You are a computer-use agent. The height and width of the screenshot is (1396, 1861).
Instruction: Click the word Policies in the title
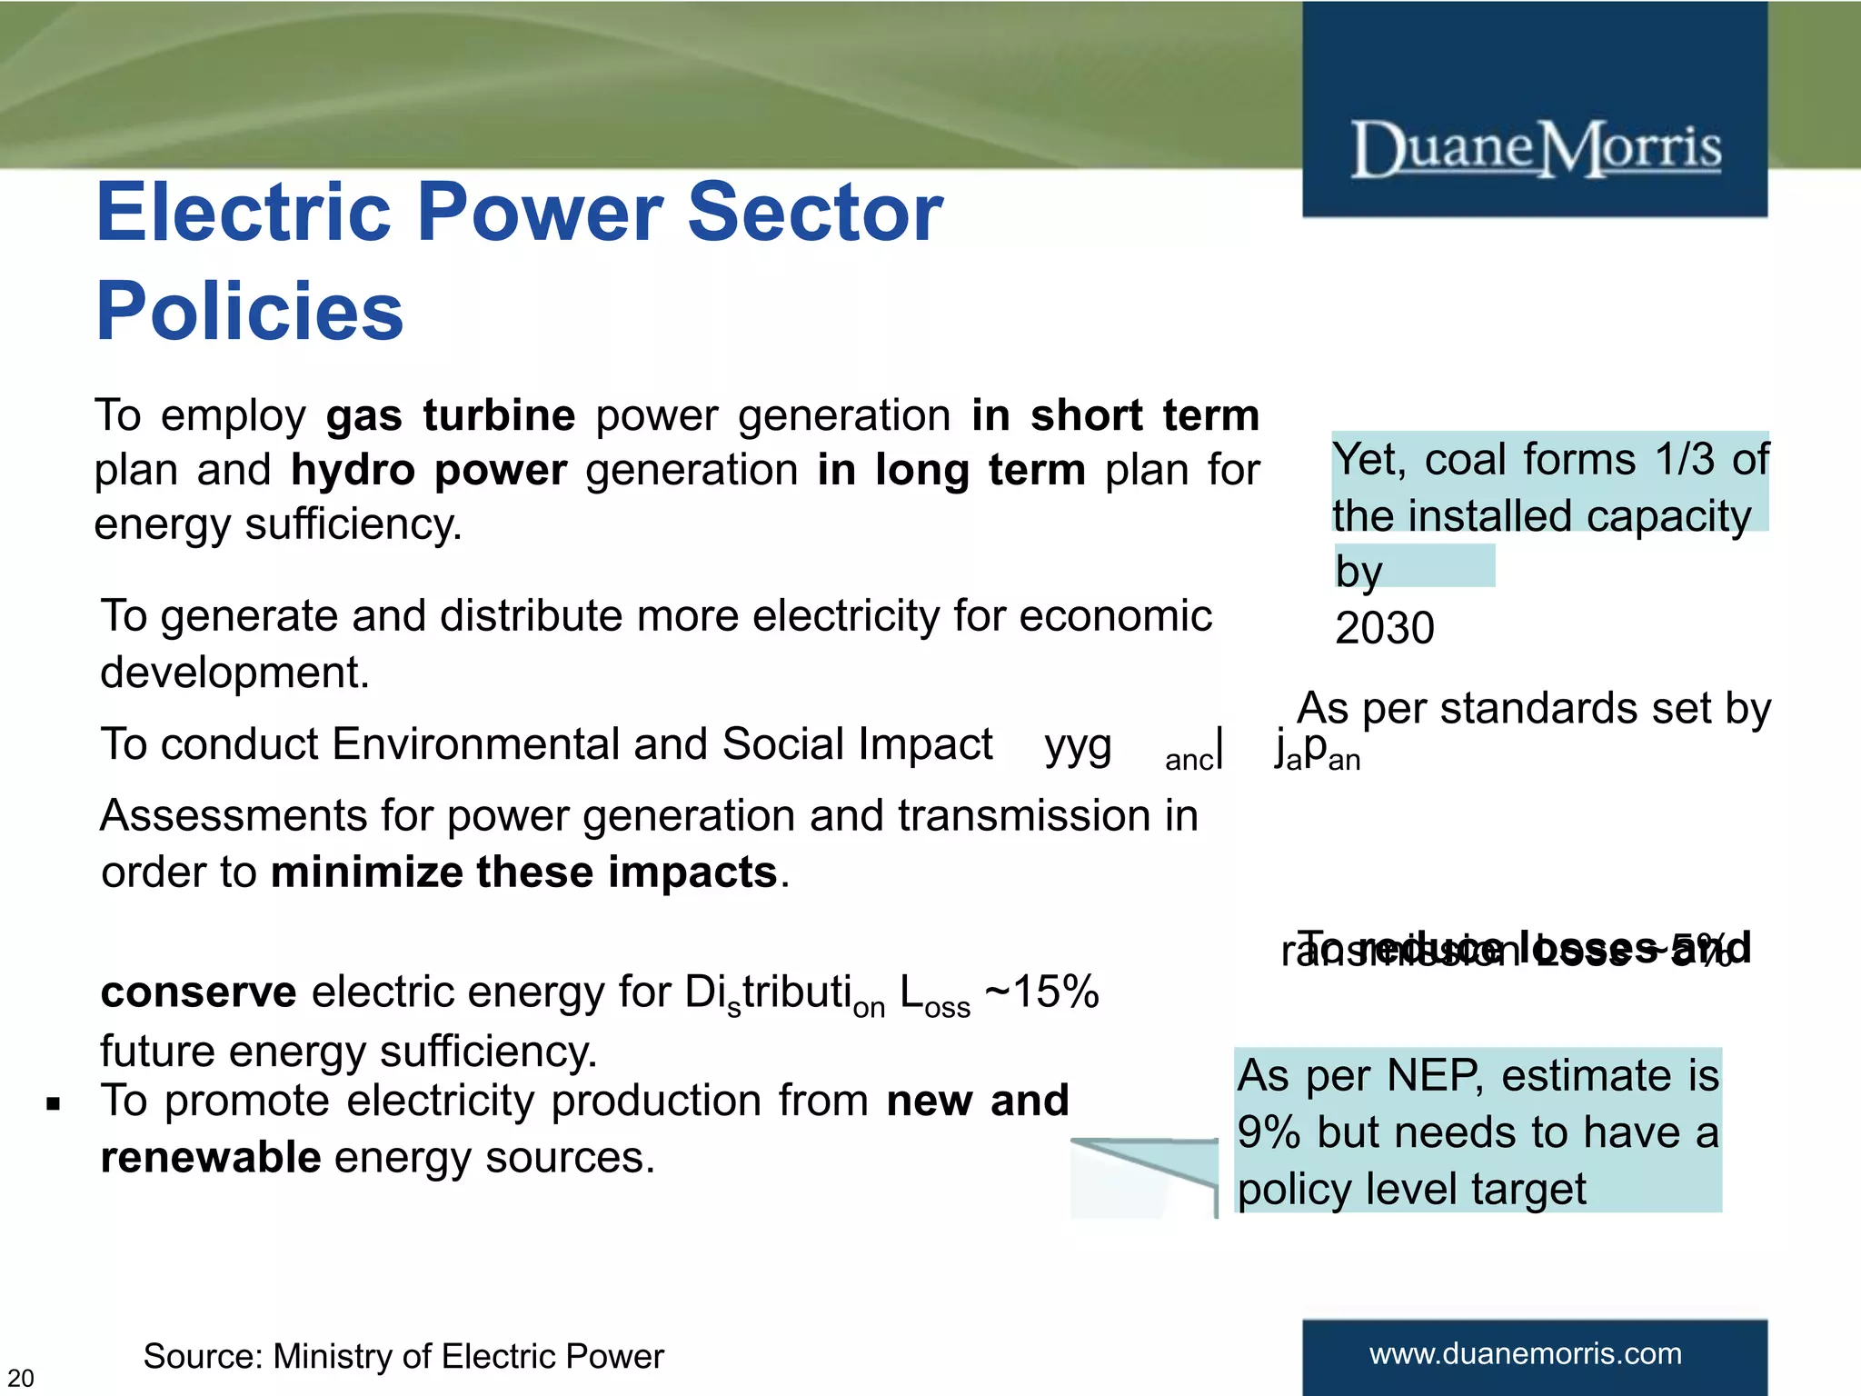tap(250, 312)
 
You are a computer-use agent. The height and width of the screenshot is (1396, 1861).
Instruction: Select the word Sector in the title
tap(814, 213)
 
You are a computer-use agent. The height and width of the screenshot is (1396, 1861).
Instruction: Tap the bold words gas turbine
tap(451, 415)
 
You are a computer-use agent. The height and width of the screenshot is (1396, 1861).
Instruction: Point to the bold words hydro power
tap(429, 471)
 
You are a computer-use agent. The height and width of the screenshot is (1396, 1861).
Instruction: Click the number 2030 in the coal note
tap(1384, 628)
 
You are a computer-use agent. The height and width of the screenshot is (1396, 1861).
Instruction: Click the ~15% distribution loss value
tap(1042, 992)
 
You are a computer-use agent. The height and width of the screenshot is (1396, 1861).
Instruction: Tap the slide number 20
tap(20, 1378)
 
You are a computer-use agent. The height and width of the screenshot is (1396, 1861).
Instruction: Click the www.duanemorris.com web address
tap(1526, 1353)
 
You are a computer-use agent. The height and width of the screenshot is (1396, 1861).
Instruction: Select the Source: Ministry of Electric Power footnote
tap(403, 1356)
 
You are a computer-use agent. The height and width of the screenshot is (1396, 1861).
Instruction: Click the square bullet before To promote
tap(54, 1104)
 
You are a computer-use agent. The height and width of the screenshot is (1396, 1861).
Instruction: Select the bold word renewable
tap(211, 1158)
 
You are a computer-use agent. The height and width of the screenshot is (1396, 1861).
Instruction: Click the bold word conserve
tap(198, 992)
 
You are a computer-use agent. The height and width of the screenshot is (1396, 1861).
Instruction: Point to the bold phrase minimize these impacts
tap(524, 872)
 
